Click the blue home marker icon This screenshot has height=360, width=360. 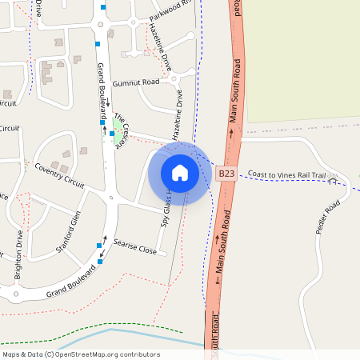180,173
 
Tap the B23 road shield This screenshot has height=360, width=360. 226,173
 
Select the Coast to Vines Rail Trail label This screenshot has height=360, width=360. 287,174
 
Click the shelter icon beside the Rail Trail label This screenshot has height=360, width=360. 333,175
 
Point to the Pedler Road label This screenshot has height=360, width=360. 327,217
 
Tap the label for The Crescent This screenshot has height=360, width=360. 122,130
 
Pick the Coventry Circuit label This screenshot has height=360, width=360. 60,175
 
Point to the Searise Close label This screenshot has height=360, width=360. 135,250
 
